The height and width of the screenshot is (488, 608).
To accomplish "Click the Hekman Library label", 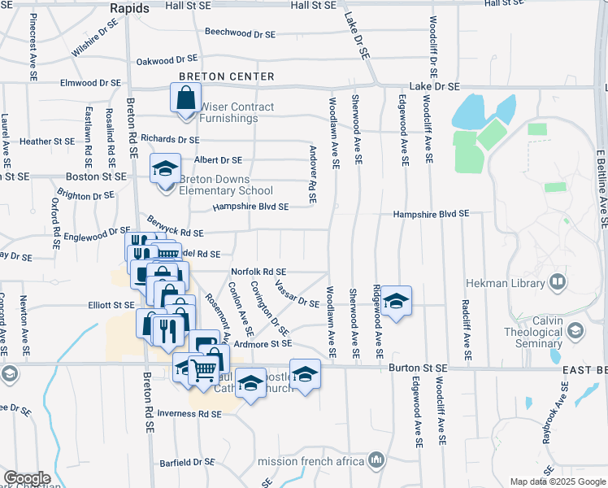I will click(505, 283).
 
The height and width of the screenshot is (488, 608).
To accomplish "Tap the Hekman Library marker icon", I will click(558, 282).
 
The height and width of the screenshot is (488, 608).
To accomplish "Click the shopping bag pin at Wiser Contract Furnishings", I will click(186, 98).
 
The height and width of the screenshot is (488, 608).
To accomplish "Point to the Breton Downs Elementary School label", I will click(226, 185).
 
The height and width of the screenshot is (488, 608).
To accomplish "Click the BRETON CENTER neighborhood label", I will click(228, 76).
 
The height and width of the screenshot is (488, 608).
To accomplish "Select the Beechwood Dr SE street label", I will click(240, 33).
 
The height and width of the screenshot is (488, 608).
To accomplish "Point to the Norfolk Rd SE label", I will click(258, 272).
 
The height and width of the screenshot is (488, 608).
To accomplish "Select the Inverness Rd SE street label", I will click(189, 413).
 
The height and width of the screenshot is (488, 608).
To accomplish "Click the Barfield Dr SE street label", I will click(186, 461).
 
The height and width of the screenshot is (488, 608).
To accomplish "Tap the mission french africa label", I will click(311, 461).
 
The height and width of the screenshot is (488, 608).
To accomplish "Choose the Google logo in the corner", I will click(28, 478).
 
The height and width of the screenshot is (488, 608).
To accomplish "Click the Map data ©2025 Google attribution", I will click(558, 481).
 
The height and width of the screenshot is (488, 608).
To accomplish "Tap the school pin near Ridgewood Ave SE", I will click(396, 302).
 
